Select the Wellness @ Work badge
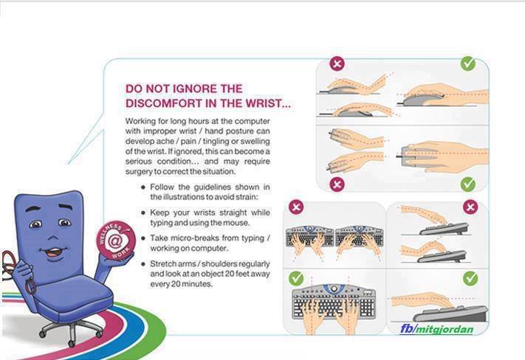point(116,240)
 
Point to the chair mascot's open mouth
point(53,252)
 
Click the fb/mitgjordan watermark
point(437,329)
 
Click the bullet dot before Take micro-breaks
point(144,238)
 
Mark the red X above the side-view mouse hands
point(337,63)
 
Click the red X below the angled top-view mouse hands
point(337,184)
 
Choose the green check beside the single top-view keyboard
point(296,278)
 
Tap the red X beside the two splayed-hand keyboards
point(296,207)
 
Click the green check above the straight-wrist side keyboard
point(470,278)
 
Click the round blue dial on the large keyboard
point(334,288)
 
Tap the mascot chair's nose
point(52,238)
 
